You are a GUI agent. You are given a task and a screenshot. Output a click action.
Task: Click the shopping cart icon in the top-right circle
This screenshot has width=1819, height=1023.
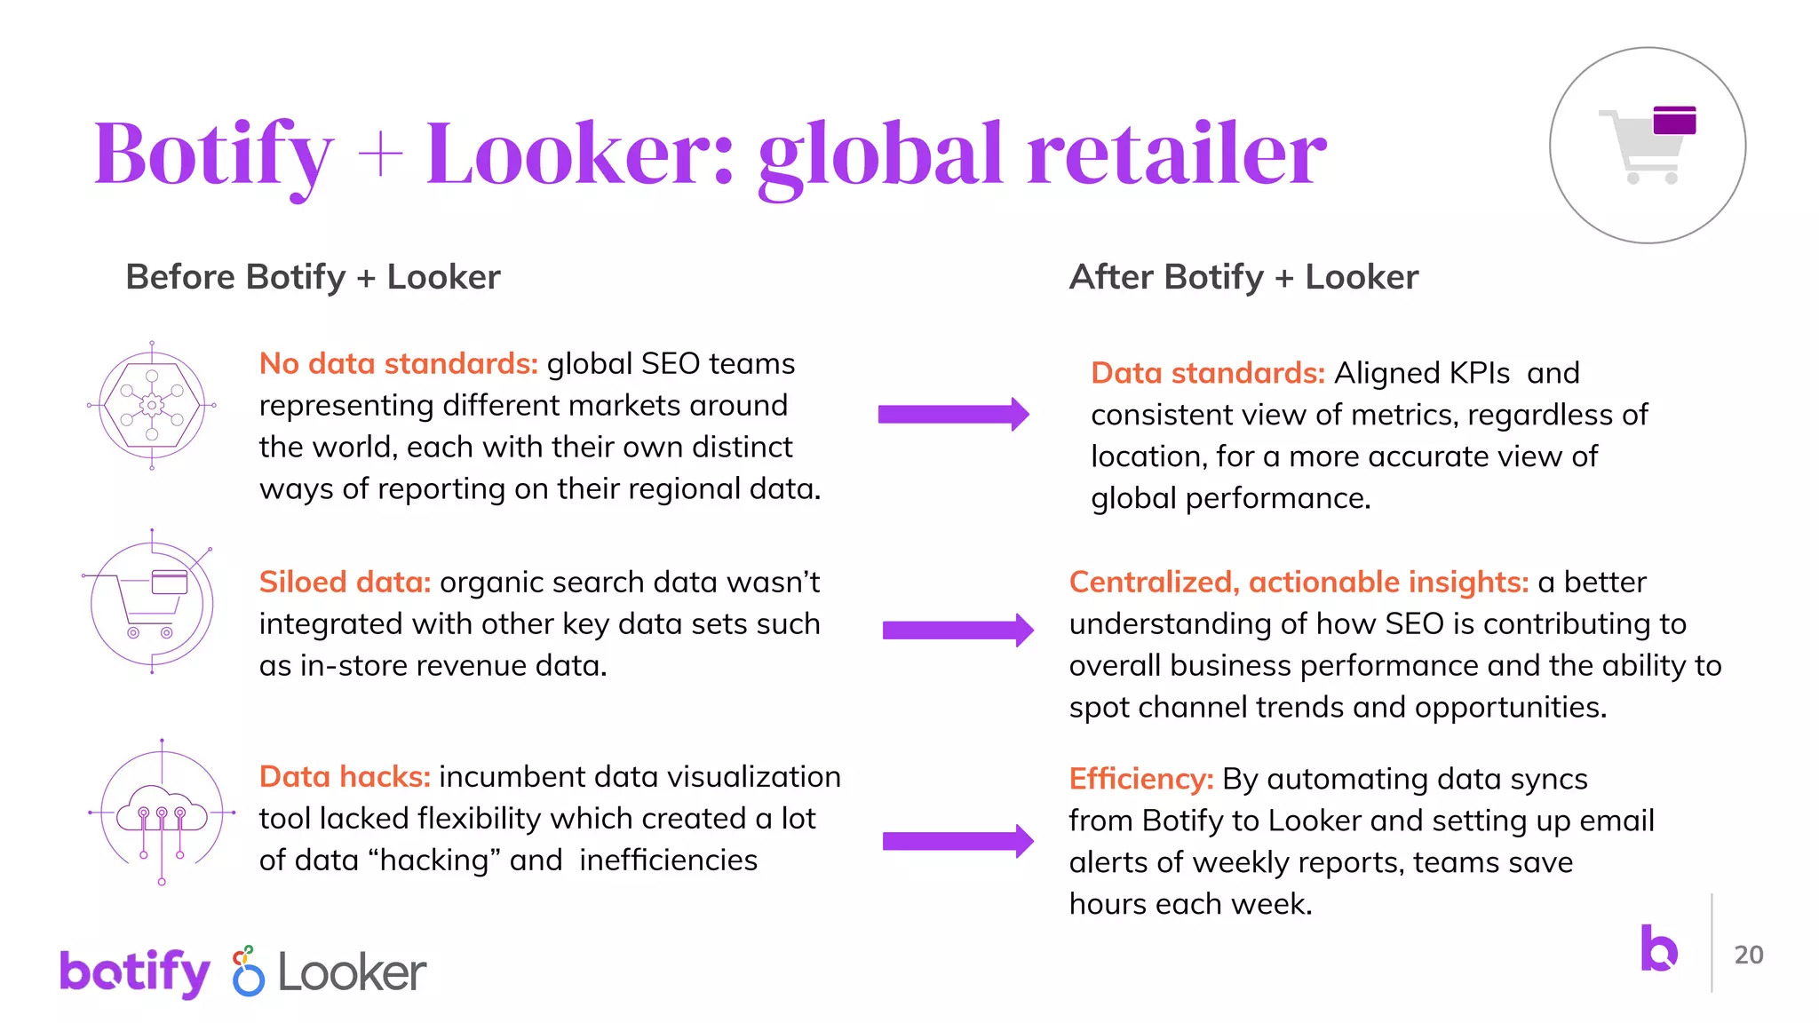click(1648, 145)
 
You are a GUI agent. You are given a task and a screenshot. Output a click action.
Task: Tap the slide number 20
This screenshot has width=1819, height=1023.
click(1748, 955)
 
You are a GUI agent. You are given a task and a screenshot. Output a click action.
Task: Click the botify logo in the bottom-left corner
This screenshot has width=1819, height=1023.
click(135, 971)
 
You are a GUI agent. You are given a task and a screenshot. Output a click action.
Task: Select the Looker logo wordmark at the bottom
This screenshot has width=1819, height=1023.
click(352, 972)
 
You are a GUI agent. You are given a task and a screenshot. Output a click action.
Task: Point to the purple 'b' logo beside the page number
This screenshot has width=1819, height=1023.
click(1658, 948)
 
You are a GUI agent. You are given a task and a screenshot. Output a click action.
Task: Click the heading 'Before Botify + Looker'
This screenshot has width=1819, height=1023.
click(313, 277)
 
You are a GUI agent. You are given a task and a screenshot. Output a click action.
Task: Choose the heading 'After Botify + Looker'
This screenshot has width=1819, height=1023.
click(1243, 277)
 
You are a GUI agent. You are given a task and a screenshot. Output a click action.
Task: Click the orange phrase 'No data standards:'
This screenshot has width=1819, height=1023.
click(398, 363)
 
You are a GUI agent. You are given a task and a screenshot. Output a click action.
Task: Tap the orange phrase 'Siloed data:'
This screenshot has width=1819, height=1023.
click(345, 582)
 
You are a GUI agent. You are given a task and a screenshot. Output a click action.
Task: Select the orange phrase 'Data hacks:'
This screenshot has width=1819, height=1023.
click(345, 776)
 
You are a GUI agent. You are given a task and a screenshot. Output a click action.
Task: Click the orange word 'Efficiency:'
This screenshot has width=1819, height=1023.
click(1140, 779)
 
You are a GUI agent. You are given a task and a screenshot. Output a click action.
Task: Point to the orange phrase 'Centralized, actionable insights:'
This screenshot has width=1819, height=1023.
click(1299, 582)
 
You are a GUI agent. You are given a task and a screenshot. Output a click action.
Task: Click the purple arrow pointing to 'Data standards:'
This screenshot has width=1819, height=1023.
click(953, 414)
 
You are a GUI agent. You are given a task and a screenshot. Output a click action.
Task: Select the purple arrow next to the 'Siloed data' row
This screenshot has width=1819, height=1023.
click(957, 630)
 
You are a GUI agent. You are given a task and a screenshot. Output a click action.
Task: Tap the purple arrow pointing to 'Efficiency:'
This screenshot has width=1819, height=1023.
click(957, 841)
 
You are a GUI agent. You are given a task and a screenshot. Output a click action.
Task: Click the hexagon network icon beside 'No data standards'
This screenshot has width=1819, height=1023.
click(152, 406)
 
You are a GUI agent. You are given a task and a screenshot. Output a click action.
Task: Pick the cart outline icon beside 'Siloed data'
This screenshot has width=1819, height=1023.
click(151, 604)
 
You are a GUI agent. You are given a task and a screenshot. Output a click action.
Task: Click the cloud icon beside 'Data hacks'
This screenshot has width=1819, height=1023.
click(162, 811)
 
